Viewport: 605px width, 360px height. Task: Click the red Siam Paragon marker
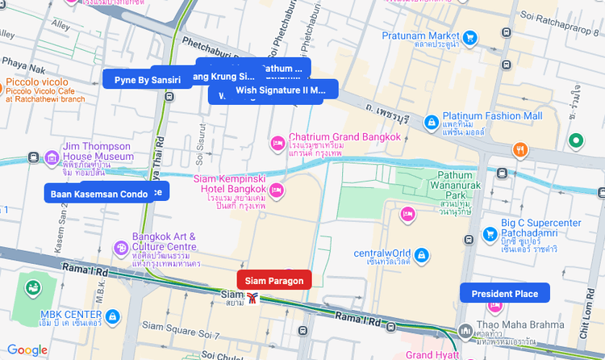click(x=274, y=280)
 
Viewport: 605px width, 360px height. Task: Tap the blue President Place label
click(x=504, y=293)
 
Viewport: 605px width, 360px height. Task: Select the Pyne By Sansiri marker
click(x=148, y=79)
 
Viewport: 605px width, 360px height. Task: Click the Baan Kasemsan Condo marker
click(x=98, y=194)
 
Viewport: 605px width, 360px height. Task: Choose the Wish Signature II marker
click(x=280, y=90)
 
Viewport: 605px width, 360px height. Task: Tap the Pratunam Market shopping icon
click(x=470, y=37)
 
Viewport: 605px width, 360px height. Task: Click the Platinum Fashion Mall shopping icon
click(x=432, y=121)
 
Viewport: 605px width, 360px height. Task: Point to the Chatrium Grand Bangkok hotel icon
click(x=277, y=142)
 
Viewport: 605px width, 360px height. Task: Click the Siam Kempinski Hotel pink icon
click(x=277, y=190)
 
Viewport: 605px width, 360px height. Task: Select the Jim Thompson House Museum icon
click(x=52, y=157)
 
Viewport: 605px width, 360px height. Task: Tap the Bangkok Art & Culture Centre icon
click(x=121, y=246)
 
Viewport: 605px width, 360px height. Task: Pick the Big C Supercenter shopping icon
click(x=489, y=234)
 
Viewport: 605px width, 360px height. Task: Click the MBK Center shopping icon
click(x=113, y=315)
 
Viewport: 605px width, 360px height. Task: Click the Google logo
click(x=27, y=350)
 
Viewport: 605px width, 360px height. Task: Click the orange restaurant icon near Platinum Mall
click(x=520, y=149)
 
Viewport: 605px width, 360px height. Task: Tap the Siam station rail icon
click(x=253, y=299)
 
